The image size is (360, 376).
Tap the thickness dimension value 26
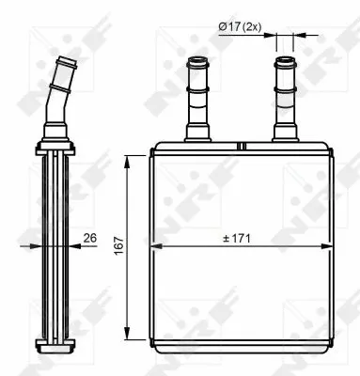(91, 239)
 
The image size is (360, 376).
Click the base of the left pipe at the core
(199, 136)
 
